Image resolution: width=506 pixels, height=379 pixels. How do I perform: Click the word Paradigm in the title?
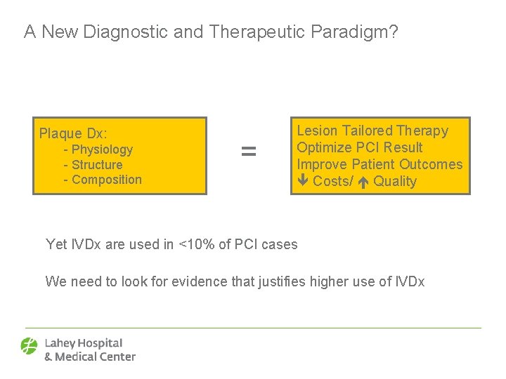pos(358,32)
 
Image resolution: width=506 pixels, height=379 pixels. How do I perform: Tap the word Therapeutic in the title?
pos(259,32)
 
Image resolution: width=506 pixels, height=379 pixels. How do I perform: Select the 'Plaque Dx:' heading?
pos(73,133)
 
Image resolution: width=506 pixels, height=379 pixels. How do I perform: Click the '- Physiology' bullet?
pos(98,149)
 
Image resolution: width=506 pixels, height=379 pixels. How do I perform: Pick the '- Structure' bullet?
pos(93,165)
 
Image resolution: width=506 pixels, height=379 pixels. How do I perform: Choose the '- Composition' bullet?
pos(103,180)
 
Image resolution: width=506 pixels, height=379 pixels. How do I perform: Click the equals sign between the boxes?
pos(249,151)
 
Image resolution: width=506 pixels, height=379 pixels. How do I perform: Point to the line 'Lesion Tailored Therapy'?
pos(372,131)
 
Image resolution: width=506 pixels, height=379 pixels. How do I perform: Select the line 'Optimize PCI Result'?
pos(360,147)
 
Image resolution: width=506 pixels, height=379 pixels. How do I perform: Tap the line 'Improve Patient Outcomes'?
pos(379,164)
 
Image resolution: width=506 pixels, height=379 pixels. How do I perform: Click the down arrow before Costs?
pos(302,182)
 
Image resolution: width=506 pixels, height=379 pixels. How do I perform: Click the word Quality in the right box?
pos(395,182)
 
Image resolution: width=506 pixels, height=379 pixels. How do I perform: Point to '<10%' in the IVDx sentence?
pos(193,244)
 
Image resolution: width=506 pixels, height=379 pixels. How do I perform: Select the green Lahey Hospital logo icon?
pos(30,347)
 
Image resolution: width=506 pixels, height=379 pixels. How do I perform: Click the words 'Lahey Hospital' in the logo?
pos(84,343)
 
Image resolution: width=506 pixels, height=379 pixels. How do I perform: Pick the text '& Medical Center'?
pos(90,357)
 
